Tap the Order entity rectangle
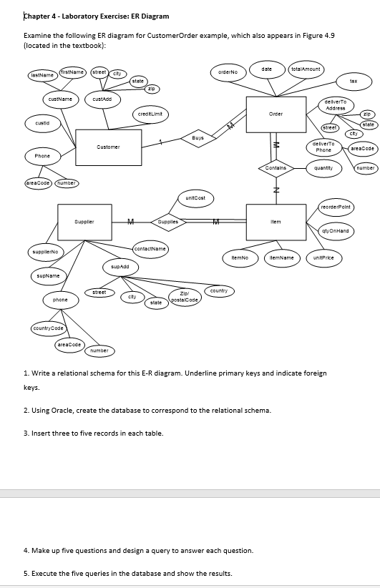pos(275,114)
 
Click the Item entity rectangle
pos(275,222)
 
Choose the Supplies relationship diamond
pos(168,222)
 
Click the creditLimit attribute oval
pos(149,114)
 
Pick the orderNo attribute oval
pos(228,72)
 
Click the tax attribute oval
pos(353,82)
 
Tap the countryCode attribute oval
pos(48,328)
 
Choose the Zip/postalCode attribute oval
pos(183,297)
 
